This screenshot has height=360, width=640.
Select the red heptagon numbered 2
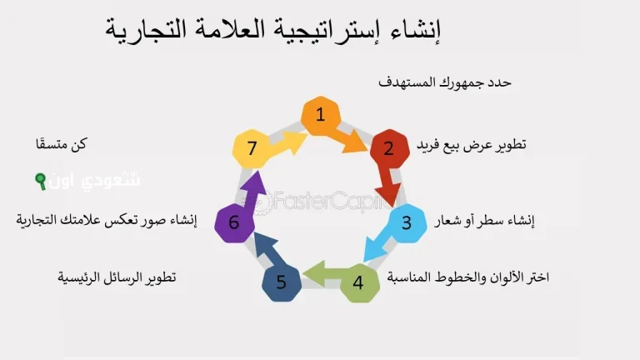pyautogui.click(x=388, y=149)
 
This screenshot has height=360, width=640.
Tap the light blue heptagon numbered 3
pyautogui.click(x=407, y=222)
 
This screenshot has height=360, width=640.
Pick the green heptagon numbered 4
pyautogui.click(x=358, y=282)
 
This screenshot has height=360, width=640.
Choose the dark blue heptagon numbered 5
pyautogui.click(x=282, y=282)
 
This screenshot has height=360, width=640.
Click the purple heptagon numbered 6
pyautogui.click(x=234, y=222)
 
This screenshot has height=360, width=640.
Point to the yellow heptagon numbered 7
pyautogui.click(x=252, y=148)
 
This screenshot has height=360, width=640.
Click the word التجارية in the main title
pyautogui.click(x=147, y=31)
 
